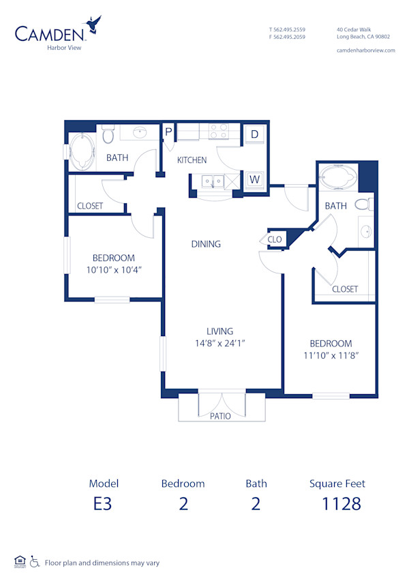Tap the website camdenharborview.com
tap(366, 50)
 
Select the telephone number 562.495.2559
tap(287, 30)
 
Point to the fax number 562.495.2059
tap(287, 38)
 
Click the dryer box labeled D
tap(254, 134)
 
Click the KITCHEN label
tap(192, 160)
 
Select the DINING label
tap(205, 244)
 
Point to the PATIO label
tap(220, 416)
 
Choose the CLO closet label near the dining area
tap(275, 239)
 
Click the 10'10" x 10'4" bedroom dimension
tap(114, 269)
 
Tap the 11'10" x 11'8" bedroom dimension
tap(331, 355)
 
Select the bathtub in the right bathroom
tap(337, 177)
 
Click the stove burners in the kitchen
tap(218, 131)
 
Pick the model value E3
tap(104, 504)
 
